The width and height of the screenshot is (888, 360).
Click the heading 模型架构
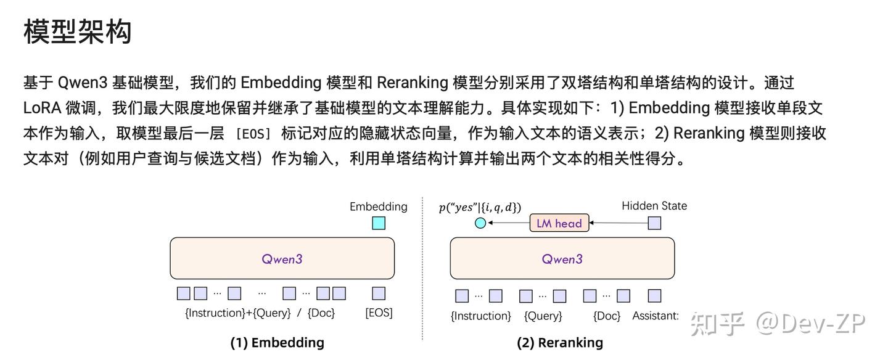click(78, 31)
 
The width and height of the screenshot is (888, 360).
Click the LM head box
click(559, 223)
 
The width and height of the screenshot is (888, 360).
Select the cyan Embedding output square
click(379, 223)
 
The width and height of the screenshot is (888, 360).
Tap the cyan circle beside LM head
click(480, 223)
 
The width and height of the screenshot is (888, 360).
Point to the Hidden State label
click(654, 206)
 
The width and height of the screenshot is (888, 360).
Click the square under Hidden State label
click(654, 223)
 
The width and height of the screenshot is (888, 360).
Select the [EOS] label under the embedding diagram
click(379, 313)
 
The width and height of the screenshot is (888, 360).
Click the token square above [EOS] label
click(379, 293)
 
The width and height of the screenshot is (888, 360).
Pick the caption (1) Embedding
click(277, 342)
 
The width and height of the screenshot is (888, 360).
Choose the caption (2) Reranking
click(560, 342)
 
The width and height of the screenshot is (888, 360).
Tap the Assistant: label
click(656, 316)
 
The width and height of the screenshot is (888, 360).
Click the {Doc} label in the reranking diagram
click(607, 316)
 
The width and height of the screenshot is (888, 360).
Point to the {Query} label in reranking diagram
click(543, 316)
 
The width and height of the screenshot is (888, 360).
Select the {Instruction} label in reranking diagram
click(481, 316)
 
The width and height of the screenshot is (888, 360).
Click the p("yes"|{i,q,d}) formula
click(480, 207)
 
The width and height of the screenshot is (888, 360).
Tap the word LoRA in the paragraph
click(42, 108)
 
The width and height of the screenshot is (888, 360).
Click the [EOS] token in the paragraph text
click(253, 134)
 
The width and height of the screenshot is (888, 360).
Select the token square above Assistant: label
click(654, 296)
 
